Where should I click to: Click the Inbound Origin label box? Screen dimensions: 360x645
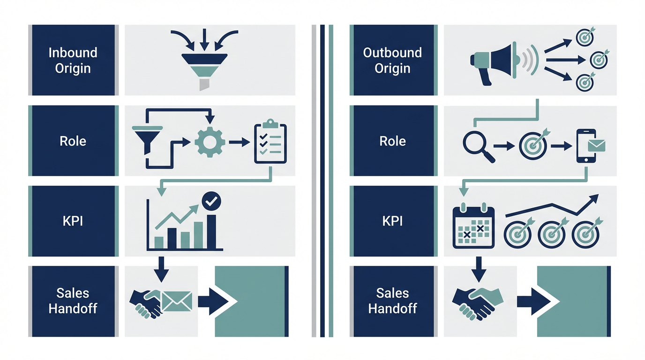point(73,60)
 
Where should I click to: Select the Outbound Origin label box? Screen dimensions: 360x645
point(393,60)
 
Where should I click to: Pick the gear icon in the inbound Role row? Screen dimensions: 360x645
point(210,142)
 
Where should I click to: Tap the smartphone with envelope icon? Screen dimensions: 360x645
point(589,146)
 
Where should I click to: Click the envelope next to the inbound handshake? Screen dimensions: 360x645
point(177,300)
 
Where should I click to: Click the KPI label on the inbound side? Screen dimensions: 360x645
point(73,221)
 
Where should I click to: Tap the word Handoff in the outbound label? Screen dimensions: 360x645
point(393,309)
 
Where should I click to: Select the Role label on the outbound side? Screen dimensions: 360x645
point(393,141)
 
